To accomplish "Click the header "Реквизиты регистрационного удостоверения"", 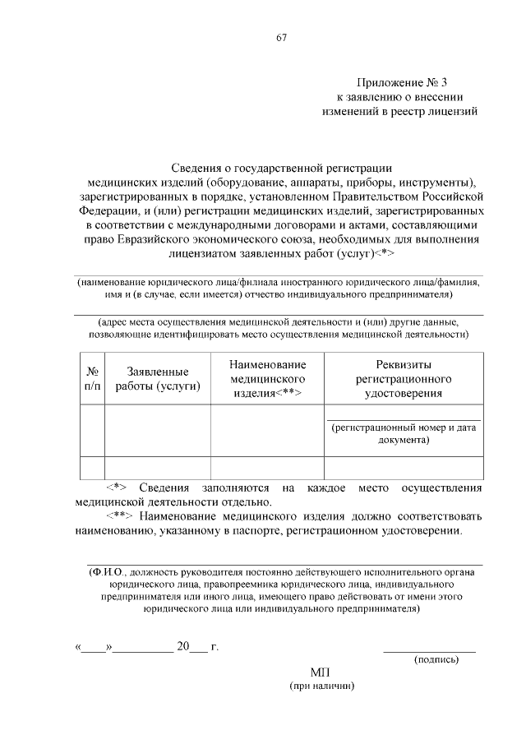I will pyautogui.click(x=404, y=378).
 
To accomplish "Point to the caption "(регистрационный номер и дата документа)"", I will pyautogui.click(x=404, y=433).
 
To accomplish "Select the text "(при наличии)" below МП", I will pyautogui.click(x=321, y=686).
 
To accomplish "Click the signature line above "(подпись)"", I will pyautogui.click(x=429, y=649).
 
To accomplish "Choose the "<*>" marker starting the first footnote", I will pyautogui.click(x=118, y=488).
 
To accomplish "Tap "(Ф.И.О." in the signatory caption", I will pyautogui.click(x=108, y=571).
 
